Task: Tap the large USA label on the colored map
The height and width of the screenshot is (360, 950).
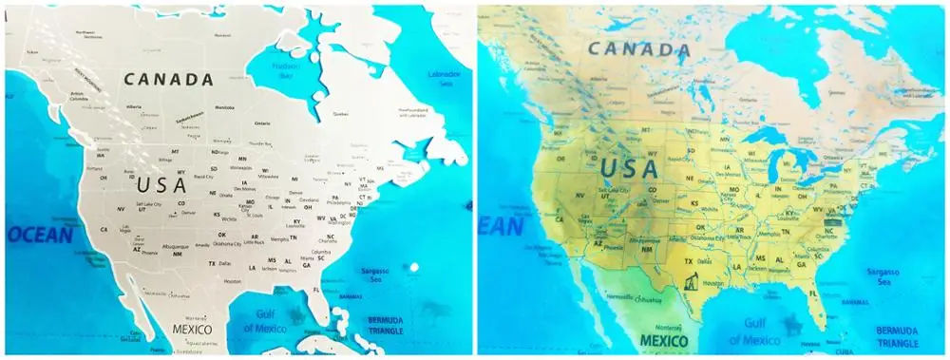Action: click(x=628, y=169)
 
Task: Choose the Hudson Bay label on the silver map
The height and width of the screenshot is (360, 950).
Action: click(x=284, y=69)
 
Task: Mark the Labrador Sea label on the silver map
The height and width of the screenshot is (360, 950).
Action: click(x=444, y=75)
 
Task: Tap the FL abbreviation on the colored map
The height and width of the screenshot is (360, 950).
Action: click(x=813, y=294)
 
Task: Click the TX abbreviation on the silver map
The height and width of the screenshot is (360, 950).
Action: click(x=213, y=262)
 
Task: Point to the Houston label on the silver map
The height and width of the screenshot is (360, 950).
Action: click(x=232, y=281)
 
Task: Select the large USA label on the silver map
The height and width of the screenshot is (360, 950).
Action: click(x=161, y=184)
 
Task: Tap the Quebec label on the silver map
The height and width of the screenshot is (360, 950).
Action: click(x=340, y=113)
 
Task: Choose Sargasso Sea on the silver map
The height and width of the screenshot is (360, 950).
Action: click(x=373, y=275)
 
